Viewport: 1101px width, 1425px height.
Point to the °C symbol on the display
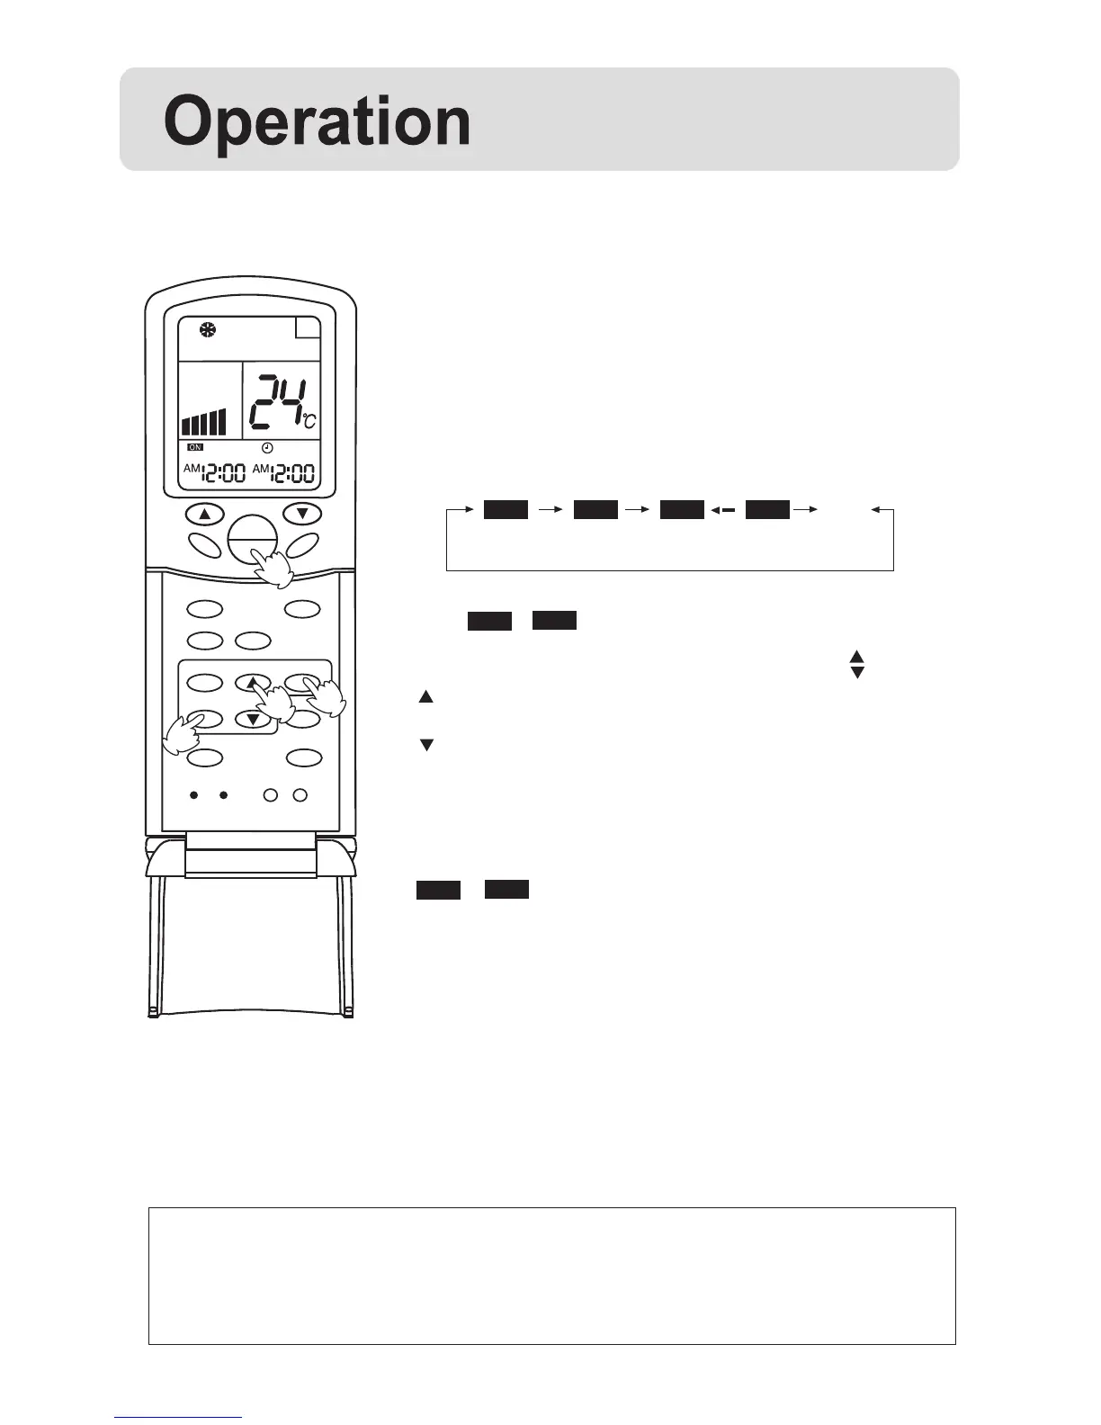pyautogui.click(x=309, y=421)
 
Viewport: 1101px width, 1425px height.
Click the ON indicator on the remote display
pyautogui.click(x=195, y=447)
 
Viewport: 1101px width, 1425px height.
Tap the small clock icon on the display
pyautogui.click(x=267, y=448)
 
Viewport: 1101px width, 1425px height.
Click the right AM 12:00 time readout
pyautogui.click(x=283, y=471)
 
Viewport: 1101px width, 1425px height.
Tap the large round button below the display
pyautogui.click(x=252, y=538)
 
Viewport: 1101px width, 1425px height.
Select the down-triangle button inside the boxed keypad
pyautogui.click(x=253, y=719)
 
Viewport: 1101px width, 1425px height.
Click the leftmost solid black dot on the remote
pyautogui.click(x=193, y=795)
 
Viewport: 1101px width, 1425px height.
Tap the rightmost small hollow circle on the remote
pyautogui.click(x=300, y=795)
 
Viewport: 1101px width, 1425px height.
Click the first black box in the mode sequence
pyautogui.click(x=506, y=510)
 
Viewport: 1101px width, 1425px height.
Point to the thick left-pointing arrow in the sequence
pyautogui.click(x=723, y=511)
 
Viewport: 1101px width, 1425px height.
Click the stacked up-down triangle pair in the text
pyautogui.click(x=856, y=665)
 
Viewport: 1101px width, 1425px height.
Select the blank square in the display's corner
pyautogui.click(x=308, y=331)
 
